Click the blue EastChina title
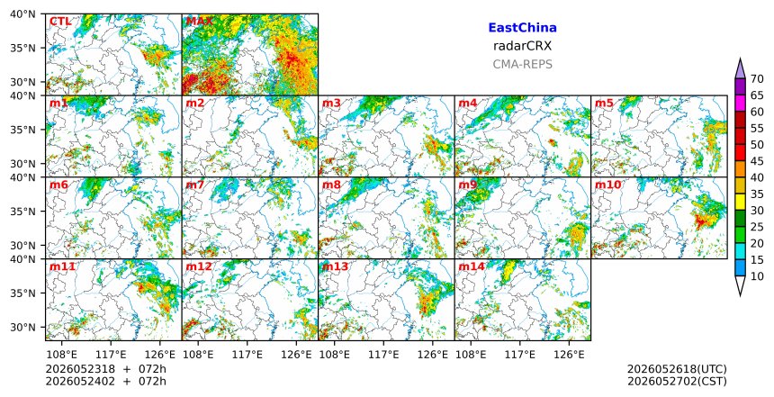(522, 28)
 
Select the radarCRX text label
(522, 46)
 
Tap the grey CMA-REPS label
(522, 64)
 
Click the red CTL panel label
(60, 22)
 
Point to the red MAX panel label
(199, 22)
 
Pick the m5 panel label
(604, 104)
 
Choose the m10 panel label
(607, 185)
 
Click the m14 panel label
(472, 266)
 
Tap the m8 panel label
(331, 185)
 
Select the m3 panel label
(331, 104)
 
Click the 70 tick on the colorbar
(757, 79)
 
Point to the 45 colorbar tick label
(757, 161)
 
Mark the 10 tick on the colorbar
(757, 276)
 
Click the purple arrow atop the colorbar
(740, 68)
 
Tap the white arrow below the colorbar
(740, 286)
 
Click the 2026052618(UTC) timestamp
(677, 369)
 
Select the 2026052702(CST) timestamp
(677, 381)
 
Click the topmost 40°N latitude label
(22, 14)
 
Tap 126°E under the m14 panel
(569, 355)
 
